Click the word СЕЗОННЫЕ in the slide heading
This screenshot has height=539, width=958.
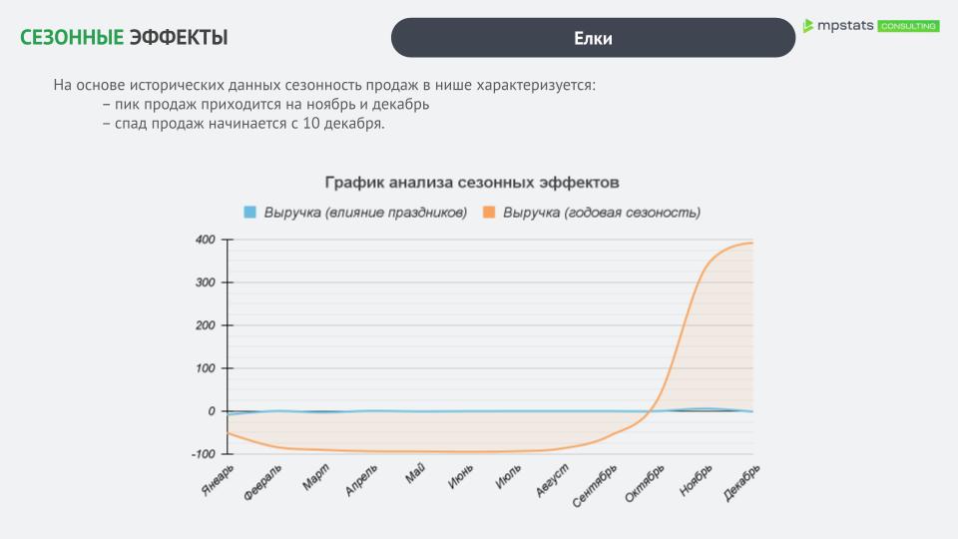click(x=71, y=38)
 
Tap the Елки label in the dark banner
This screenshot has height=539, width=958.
click(x=593, y=38)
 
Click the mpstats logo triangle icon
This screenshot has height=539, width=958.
click(x=808, y=26)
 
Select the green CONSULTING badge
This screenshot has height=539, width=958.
click(x=908, y=26)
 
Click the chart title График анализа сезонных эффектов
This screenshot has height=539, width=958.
click(x=472, y=183)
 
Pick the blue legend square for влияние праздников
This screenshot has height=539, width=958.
click(x=250, y=212)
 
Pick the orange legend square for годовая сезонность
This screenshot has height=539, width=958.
click(x=489, y=212)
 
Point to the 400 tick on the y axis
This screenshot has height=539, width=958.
click(x=205, y=240)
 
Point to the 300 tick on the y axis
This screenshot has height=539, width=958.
click(x=205, y=282)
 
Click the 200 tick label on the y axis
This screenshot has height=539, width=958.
click(x=205, y=325)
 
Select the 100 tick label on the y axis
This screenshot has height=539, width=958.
click(x=205, y=368)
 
